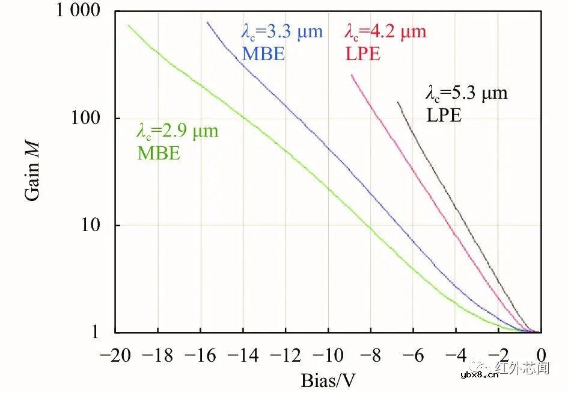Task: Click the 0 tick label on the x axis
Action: click(x=541, y=355)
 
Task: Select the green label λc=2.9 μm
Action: click(x=178, y=131)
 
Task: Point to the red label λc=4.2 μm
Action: click(x=385, y=32)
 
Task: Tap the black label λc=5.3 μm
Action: click(x=466, y=93)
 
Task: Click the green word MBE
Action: click(x=159, y=153)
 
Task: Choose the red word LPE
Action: click(x=363, y=54)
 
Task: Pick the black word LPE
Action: click(x=444, y=116)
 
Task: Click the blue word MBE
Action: click(x=263, y=54)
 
